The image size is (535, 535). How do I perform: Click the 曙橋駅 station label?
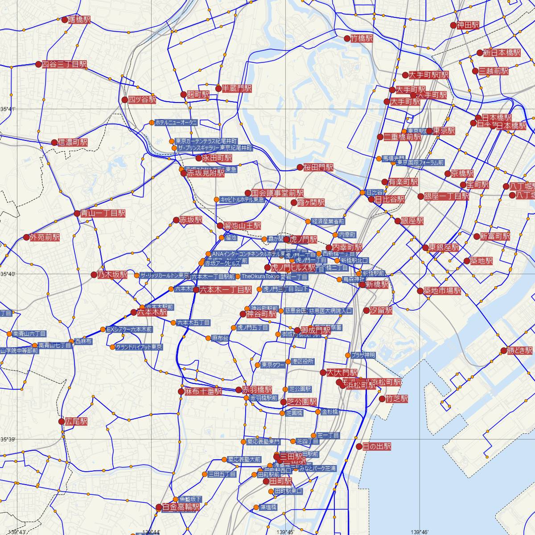coord(78,20)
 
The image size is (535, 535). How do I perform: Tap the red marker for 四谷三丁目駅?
coord(38,64)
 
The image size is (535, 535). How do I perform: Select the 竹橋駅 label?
coord(362,39)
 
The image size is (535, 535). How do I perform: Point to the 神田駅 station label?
coord(468,25)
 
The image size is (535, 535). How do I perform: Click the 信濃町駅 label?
coord(73,143)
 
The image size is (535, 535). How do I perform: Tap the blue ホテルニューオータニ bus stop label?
coord(176,122)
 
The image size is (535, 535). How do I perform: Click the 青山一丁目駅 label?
coord(103,214)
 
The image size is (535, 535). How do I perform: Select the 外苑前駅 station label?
coord(45,238)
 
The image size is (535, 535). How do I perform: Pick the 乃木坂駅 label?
coord(112,275)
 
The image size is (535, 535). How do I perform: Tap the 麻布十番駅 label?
coord(203,392)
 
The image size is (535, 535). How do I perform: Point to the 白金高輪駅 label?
coord(181,507)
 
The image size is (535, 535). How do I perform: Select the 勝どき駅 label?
coord(520,350)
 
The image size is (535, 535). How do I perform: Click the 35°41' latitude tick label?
coord(8,109)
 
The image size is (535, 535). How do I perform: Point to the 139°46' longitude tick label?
coord(421,531)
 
